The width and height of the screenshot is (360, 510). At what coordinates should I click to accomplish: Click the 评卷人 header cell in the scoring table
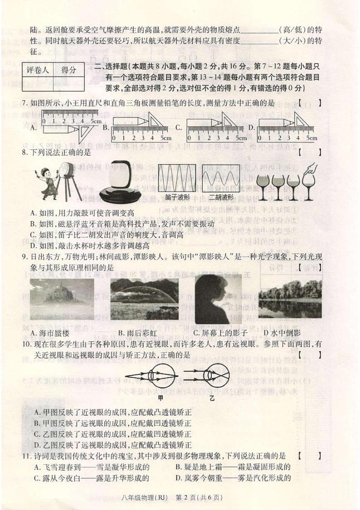[x=37, y=70]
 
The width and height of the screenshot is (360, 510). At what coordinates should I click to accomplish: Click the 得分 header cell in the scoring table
[x=68, y=70]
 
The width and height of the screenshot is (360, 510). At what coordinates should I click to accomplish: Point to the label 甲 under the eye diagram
[x=160, y=398]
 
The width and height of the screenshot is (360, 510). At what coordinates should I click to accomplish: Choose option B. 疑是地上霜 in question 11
[x=232, y=466]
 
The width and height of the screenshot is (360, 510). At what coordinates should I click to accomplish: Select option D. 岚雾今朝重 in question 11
[x=232, y=477]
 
